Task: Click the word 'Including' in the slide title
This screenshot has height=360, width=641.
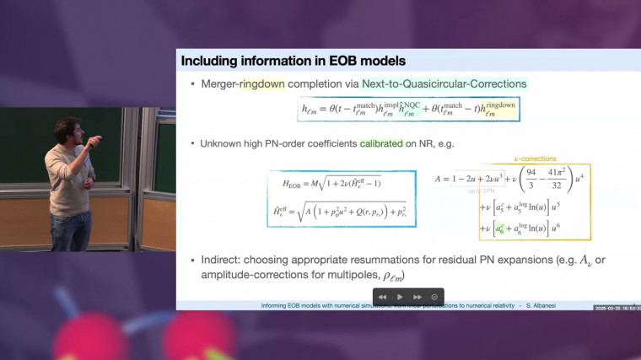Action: (208, 61)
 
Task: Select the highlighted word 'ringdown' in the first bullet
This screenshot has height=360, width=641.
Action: (265, 84)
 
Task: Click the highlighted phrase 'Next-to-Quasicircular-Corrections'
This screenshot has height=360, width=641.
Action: (444, 84)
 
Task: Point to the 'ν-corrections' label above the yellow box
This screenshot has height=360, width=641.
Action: (535, 159)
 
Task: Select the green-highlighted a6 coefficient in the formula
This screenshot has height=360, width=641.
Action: (501, 228)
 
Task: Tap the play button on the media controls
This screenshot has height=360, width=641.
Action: (400, 297)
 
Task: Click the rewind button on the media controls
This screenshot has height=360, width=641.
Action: (382, 297)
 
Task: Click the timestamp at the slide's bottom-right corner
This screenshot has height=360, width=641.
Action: (617, 308)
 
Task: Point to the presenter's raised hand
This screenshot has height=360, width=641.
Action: (94, 139)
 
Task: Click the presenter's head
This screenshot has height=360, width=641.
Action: (66, 131)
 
